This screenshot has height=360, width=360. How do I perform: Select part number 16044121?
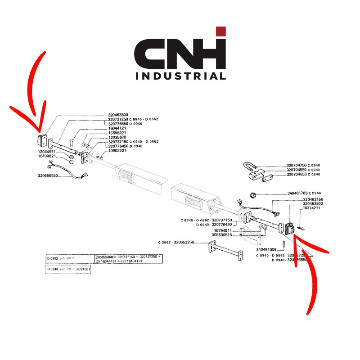[x=117, y=128]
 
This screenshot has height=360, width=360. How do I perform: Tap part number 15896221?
[x=117, y=133]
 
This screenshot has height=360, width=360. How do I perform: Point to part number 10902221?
[x=117, y=150]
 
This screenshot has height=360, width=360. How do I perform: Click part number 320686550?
[x=48, y=175]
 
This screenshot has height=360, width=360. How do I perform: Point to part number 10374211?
[x=311, y=208]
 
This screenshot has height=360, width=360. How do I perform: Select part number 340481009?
[x=266, y=249]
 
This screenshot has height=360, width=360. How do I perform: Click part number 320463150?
[x=313, y=199]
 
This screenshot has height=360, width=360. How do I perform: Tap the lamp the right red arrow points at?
[x=289, y=228]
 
